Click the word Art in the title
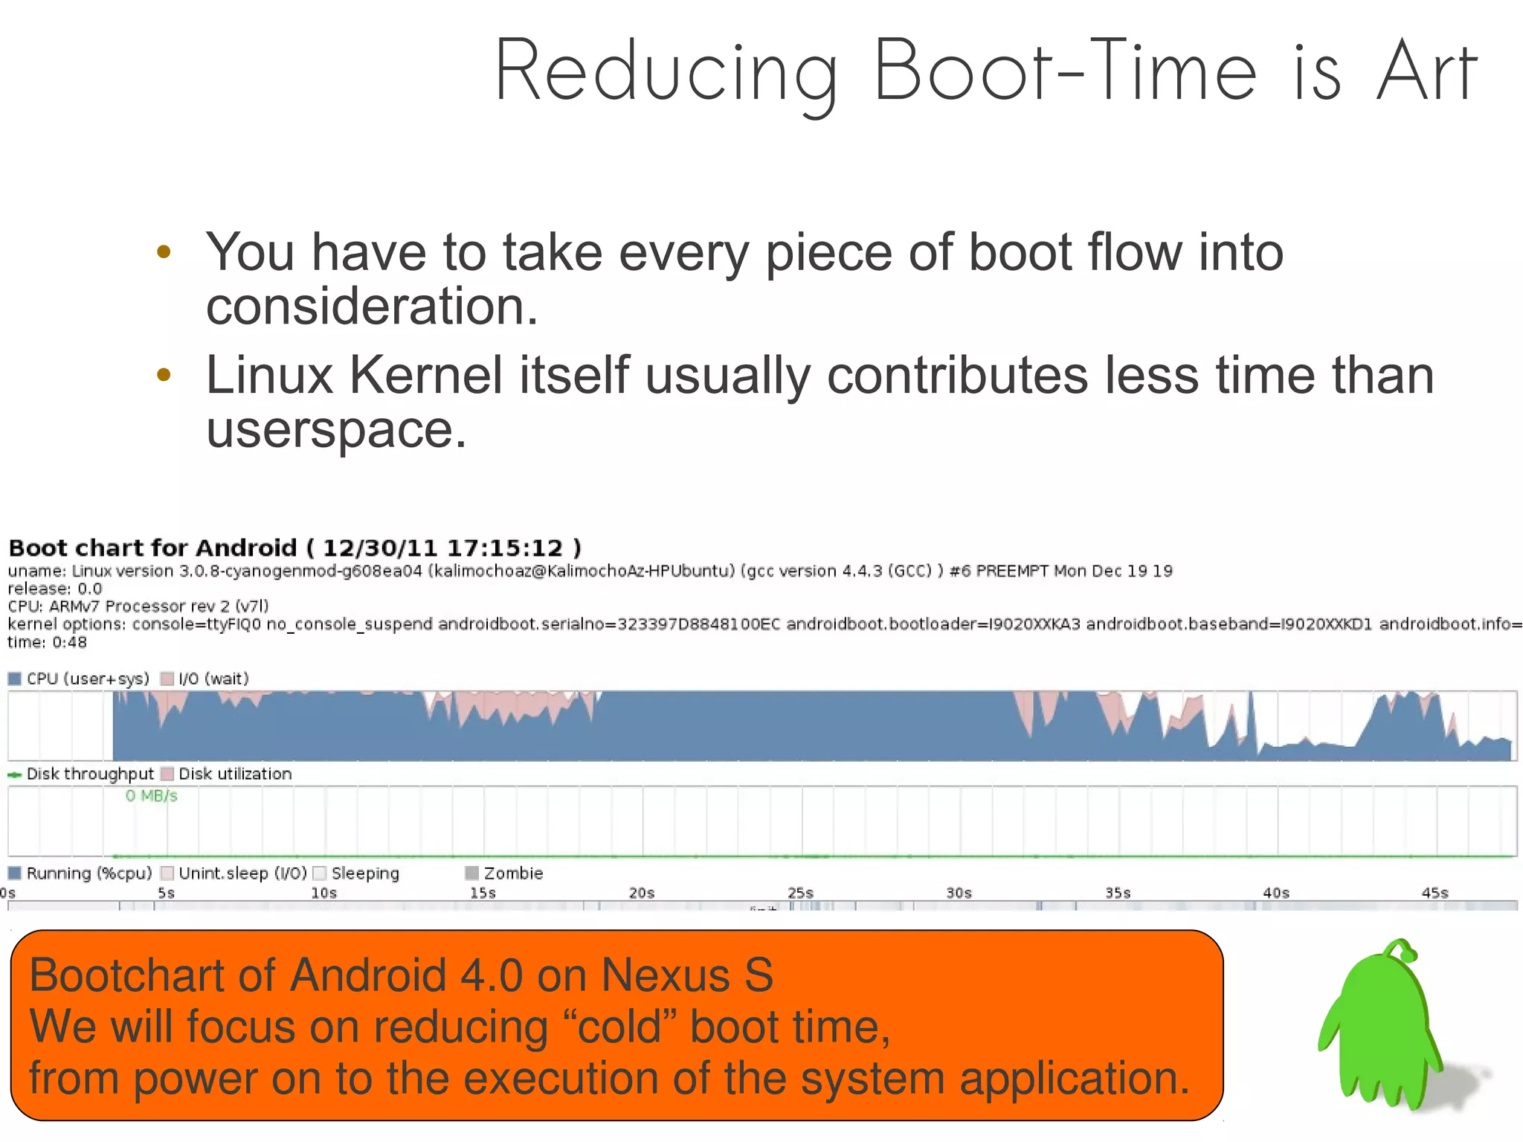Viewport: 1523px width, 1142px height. (1426, 72)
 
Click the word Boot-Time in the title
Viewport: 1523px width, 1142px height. (1064, 72)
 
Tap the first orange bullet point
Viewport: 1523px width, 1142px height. (164, 251)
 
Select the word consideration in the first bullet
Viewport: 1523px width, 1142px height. (371, 307)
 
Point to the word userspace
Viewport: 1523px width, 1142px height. (335, 429)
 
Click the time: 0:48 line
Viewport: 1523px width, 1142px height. (47, 642)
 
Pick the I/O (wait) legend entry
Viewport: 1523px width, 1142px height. (205, 679)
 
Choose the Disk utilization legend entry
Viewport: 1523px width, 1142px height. (227, 774)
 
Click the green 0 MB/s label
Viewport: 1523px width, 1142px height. (151, 796)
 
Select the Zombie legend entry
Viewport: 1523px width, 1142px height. (505, 873)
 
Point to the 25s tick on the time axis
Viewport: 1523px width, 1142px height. (800, 893)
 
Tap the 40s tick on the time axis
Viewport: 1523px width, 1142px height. (1276, 893)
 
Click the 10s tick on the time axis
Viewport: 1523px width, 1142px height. (323, 893)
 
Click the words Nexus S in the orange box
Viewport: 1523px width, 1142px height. (687, 975)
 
